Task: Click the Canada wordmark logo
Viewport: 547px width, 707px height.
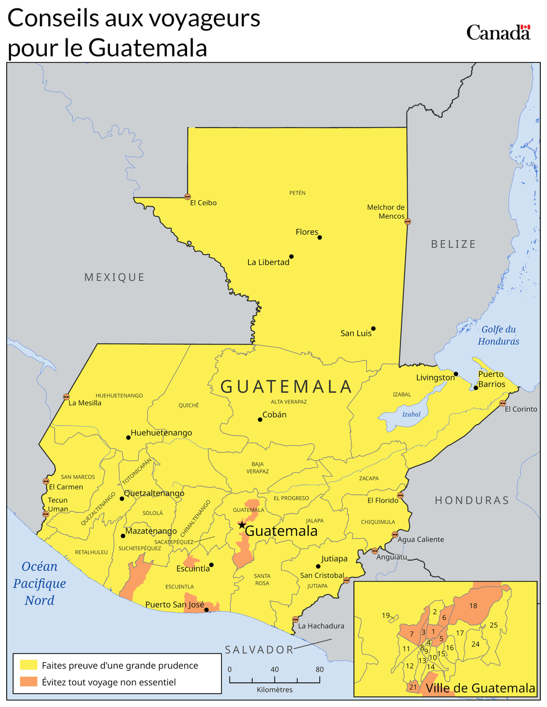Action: click(498, 32)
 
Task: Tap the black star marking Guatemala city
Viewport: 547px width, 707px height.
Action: click(242, 525)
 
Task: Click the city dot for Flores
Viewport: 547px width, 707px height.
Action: click(320, 238)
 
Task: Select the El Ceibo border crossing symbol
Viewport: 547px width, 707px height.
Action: click(188, 197)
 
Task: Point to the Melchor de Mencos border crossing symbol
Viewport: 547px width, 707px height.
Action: click(407, 221)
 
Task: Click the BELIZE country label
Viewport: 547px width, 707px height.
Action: click(453, 244)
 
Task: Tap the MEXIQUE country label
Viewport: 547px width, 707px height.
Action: click(114, 277)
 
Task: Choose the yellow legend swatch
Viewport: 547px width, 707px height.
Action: click(28, 665)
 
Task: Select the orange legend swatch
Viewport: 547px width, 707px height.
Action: click(28, 682)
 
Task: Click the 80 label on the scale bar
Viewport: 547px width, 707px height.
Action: click(320, 670)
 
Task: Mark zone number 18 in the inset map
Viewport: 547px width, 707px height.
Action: click(473, 606)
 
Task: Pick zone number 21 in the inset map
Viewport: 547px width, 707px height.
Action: click(412, 687)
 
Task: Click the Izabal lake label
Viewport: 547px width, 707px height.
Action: click(411, 414)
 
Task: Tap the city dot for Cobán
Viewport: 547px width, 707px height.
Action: click(260, 419)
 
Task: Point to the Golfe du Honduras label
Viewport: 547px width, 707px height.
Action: click(498, 335)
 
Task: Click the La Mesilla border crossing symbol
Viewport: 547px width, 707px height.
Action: click(66, 397)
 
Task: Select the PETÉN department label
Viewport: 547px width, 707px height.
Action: click(298, 193)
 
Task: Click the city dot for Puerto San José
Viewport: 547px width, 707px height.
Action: click(207, 610)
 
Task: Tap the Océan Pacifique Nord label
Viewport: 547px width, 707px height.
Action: click(40, 583)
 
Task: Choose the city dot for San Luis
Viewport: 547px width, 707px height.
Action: click(373, 328)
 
